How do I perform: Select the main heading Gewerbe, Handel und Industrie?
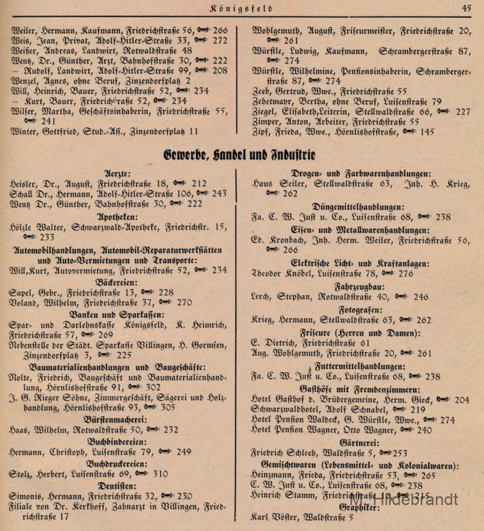coord(239,155)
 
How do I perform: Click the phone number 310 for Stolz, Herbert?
coord(161,473)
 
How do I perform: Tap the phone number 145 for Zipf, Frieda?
coord(428,132)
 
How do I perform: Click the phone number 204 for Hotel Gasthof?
coord(461,400)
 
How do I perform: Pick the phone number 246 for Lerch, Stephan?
coord(421,297)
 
